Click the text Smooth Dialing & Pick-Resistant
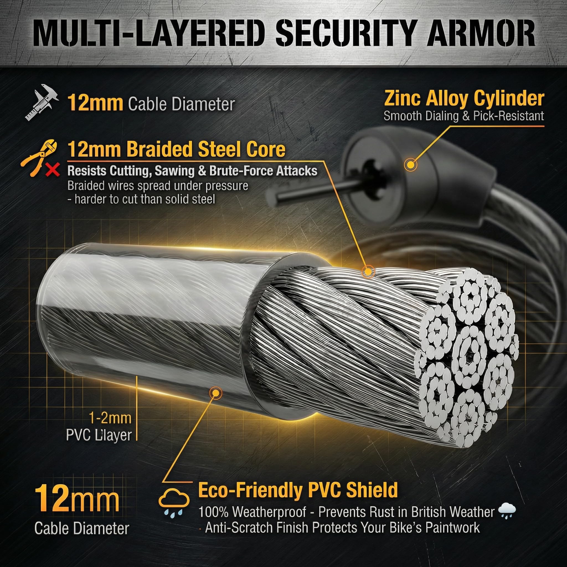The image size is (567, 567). pos(464,116)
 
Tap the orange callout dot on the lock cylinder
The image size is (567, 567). pos(410,164)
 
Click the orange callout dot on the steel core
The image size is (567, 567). pos(368,271)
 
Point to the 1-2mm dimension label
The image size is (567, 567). pos(110,418)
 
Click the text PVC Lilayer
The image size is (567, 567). pos(99,435)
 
